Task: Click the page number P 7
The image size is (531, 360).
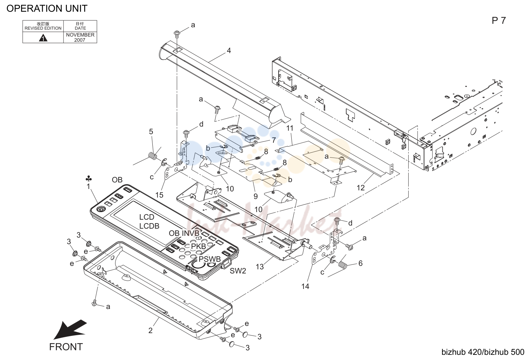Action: (x=499, y=21)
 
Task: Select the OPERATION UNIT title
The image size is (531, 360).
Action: (x=47, y=9)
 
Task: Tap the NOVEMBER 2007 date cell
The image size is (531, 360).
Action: (x=80, y=38)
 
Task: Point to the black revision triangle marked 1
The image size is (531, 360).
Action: (x=43, y=38)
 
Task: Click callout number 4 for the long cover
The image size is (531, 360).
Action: (x=229, y=50)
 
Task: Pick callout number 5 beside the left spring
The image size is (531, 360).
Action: (x=151, y=131)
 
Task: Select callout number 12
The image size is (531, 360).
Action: (x=361, y=188)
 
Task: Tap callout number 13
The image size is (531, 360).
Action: (x=260, y=267)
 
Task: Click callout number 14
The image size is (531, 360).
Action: (x=305, y=287)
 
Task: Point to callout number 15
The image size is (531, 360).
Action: (x=159, y=195)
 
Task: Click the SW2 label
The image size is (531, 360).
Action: (x=238, y=271)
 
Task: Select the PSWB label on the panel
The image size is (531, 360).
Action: (x=210, y=259)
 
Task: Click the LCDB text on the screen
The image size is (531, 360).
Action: (x=149, y=226)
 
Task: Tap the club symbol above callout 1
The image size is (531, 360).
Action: (x=89, y=179)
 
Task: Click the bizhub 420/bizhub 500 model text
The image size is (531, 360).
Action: (x=483, y=352)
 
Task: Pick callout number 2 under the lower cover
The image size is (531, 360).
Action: (x=151, y=330)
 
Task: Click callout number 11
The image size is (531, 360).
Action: (x=290, y=128)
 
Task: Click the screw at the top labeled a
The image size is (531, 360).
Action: (x=177, y=34)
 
